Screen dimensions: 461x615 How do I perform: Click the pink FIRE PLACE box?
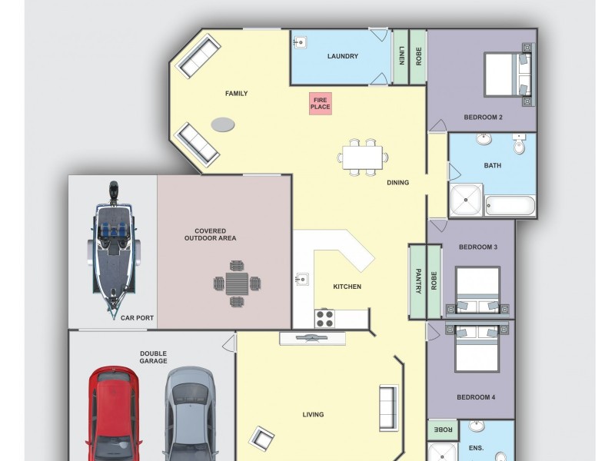(x=321, y=103)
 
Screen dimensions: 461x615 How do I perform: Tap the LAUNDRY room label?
(x=342, y=56)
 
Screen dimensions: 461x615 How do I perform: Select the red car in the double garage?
(x=113, y=415)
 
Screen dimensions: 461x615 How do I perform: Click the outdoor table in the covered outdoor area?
(x=237, y=283)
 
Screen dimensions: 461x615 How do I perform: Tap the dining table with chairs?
(x=363, y=158)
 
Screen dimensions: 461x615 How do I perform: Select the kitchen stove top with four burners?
(x=324, y=317)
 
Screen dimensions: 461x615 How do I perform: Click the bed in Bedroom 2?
(x=507, y=75)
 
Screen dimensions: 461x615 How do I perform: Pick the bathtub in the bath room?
(x=510, y=206)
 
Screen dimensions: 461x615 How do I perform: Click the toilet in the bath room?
(x=519, y=142)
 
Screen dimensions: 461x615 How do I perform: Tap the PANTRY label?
(x=418, y=280)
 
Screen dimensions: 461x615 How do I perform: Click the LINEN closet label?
(x=401, y=57)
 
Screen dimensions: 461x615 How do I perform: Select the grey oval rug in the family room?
(x=223, y=124)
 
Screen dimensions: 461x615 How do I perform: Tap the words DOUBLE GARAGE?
(x=153, y=357)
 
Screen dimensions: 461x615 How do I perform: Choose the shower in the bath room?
(x=466, y=200)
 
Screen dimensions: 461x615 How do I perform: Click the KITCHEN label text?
(x=347, y=287)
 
